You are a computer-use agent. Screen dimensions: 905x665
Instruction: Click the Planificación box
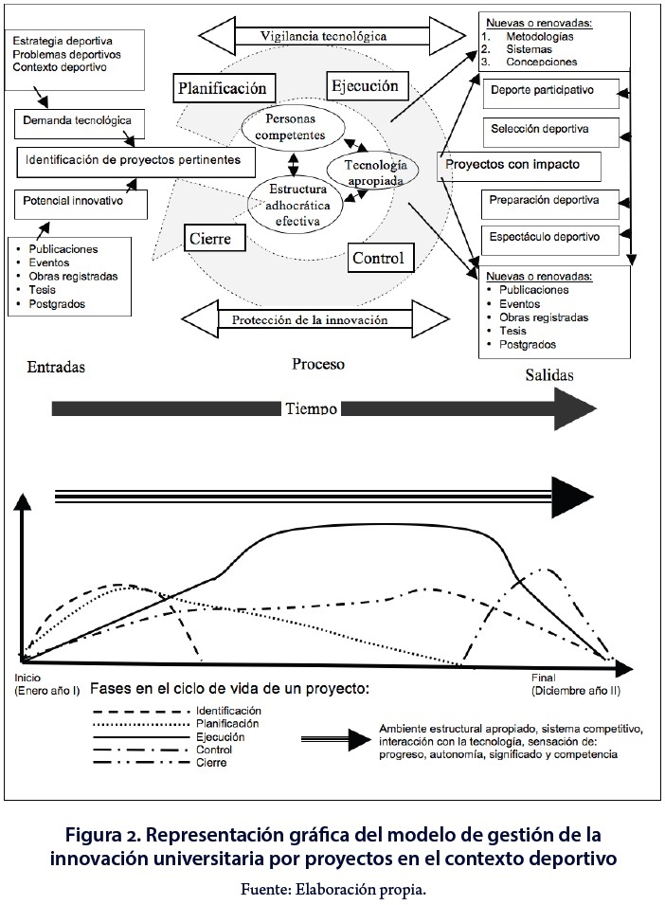tap(225, 89)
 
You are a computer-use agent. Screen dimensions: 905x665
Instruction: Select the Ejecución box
tap(365, 87)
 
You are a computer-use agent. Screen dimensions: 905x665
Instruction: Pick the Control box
tap(377, 257)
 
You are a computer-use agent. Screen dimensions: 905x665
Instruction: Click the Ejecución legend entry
tap(220, 736)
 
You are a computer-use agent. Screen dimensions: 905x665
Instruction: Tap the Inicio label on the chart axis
tap(28, 679)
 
